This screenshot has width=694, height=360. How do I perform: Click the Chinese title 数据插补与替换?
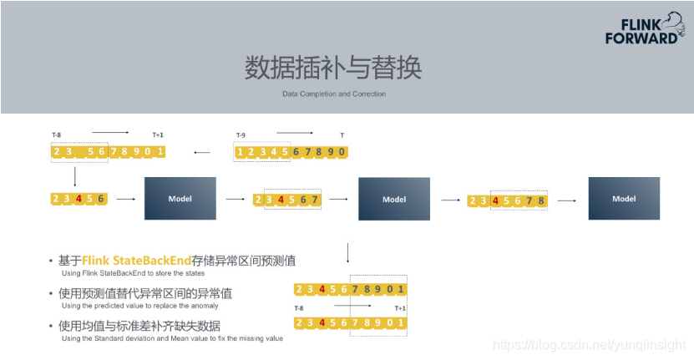point(333,66)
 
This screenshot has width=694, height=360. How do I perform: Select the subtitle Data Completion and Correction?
point(334,94)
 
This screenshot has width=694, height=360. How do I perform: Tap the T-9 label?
point(241,135)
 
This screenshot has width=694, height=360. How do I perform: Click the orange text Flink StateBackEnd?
point(137,261)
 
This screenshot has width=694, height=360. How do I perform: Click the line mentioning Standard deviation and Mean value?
point(172,338)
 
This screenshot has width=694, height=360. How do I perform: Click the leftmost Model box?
point(180,199)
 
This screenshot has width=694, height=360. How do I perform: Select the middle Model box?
point(394,200)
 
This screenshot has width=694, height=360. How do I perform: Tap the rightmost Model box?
point(624,199)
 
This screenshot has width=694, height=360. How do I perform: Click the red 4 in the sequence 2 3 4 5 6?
point(79,199)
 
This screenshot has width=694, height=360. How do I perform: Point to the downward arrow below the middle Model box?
point(347,253)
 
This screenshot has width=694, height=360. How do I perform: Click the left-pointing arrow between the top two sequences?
point(201,153)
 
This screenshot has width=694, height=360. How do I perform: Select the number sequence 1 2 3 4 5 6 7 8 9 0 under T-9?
point(290,152)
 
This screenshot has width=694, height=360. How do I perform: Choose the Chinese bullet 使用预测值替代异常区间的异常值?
point(145,293)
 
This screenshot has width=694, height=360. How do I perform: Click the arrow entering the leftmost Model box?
point(126,199)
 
